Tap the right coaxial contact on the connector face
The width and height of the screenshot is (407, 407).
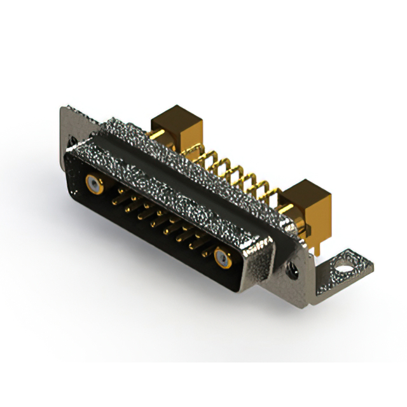tap(222, 258)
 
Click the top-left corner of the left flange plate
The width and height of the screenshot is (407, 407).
tap(64, 109)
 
